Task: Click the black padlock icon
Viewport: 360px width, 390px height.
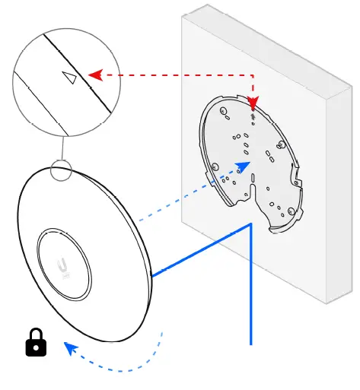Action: click(x=36, y=344)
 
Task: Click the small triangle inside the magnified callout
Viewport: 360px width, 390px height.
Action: click(x=70, y=78)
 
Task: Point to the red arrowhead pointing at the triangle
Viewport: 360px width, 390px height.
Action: click(x=95, y=75)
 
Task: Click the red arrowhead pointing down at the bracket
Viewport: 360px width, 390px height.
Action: click(x=253, y=103)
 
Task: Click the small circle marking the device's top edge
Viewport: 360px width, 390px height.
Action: click(x=60, y=170)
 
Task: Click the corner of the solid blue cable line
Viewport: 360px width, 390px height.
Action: click(x=250, y=225)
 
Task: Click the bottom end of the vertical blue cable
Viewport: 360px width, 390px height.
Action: click(x=250, y=343)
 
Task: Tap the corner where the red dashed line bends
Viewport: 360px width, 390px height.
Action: click(x=253, y=75)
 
